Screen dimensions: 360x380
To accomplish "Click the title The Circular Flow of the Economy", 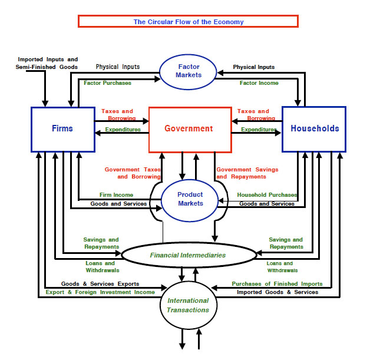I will point(188,22).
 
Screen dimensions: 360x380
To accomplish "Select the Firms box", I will point(62,128).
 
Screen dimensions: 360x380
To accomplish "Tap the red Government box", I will point(190,128).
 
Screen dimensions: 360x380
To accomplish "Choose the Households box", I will point(314,128).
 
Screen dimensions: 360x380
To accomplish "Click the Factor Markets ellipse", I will point(189,71).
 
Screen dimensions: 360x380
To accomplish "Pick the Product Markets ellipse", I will point(190,199).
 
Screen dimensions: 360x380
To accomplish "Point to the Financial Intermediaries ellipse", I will point(189,256).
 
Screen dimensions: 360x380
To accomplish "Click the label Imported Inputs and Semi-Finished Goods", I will point(47,64).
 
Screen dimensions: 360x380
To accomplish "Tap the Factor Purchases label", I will point(107,83).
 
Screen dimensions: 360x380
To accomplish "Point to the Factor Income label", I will point(259,83).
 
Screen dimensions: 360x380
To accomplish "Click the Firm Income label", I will point(116,195).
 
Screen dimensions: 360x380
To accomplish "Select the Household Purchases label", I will point(267,195).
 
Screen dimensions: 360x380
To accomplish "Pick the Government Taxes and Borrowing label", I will point(133,173).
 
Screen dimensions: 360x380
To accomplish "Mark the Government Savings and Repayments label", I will point(247,173).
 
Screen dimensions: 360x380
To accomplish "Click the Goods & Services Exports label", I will point(100,284).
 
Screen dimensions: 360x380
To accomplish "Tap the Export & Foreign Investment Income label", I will point(100,292).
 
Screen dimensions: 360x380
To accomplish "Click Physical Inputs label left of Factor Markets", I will point(118,67).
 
